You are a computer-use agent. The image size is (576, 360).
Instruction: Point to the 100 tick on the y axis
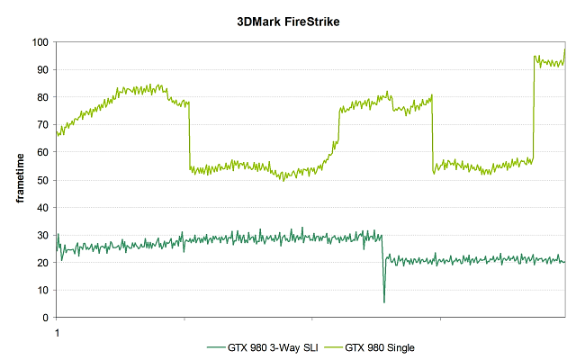click(41, 42)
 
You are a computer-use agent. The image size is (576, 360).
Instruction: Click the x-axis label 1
click(58, 331)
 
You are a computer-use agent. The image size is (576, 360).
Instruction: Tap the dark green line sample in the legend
click(215, 346)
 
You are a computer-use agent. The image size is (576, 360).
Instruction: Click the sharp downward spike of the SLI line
click(384, 301)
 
